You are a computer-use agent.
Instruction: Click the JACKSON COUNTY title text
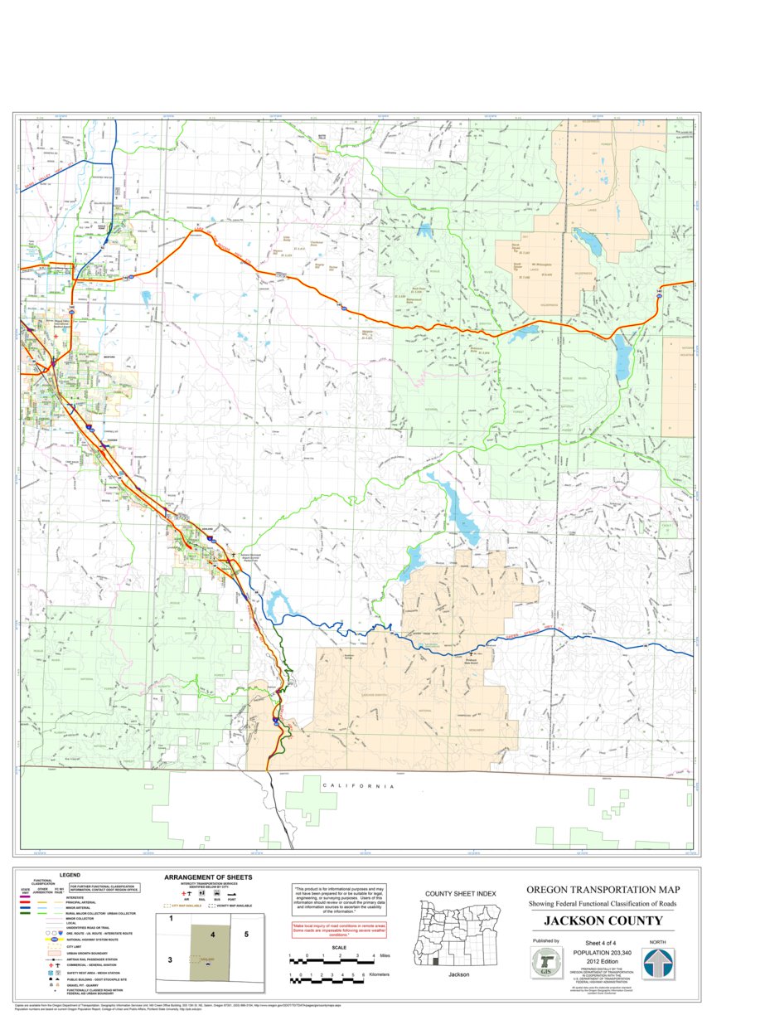click(x=603, y=920)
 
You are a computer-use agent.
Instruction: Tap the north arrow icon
click(x=658, y=963)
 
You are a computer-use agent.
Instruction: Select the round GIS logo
click(x=545, y=963)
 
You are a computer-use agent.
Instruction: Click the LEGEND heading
click(x=70, y=874)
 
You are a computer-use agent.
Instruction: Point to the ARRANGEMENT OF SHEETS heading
click(x=208, y=877)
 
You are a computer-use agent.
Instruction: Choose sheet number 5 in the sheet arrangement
click(x=246, y=934)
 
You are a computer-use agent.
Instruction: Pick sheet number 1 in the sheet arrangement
click(x=171, y=919)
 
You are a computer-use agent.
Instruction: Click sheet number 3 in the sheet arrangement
click(x=171, y=959)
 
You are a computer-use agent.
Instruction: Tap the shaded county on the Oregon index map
click(x=434, y=961)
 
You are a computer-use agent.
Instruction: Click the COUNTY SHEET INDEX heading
click(x=460, y=893)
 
